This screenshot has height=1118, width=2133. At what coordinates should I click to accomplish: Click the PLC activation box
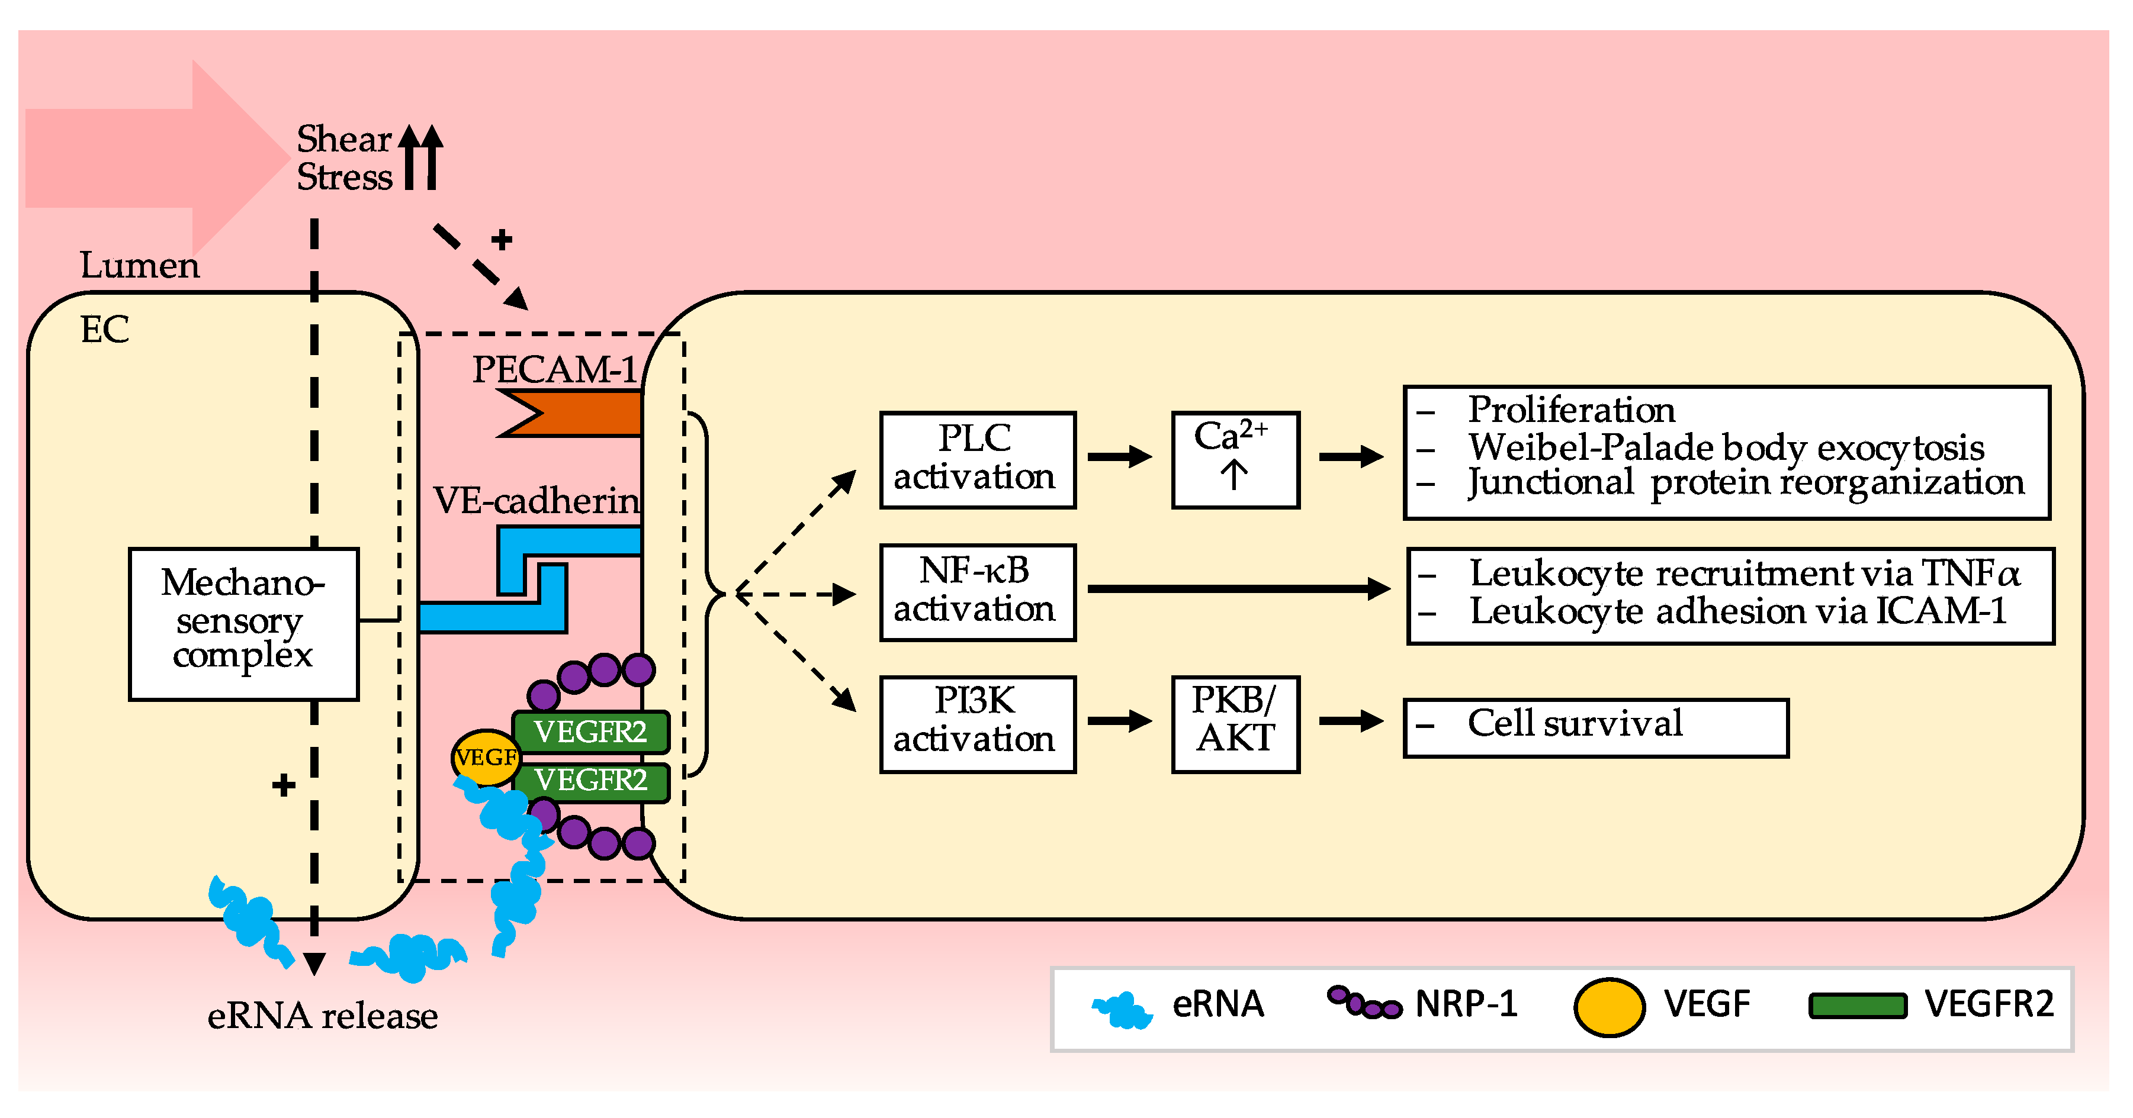click(977, 459)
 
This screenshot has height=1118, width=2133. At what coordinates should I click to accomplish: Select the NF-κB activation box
click(977, 592)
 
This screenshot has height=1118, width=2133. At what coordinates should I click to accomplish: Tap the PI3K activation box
click(977, 723)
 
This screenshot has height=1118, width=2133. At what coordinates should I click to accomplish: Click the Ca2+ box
click(1235, 459)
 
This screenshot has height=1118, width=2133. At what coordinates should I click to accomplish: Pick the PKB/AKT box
click(1235, 723)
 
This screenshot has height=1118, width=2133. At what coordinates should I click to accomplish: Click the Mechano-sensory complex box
click(243, 623)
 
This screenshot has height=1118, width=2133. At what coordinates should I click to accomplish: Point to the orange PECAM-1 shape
click(580, 414)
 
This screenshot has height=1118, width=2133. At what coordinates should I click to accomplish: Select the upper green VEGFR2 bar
click(590, 732)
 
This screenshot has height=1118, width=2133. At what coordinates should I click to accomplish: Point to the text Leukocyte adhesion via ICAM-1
click(1737, 611)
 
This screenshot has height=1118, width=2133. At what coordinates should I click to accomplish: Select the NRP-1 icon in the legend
click(1364, 1003)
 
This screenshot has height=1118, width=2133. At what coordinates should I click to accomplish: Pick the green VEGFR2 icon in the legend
click(1857, 1006)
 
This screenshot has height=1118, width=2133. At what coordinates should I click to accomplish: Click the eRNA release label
click(322, 1016)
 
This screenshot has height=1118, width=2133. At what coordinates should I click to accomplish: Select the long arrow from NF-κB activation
click(1237, 588)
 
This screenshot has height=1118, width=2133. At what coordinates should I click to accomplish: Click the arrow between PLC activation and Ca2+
click(1119, 456)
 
